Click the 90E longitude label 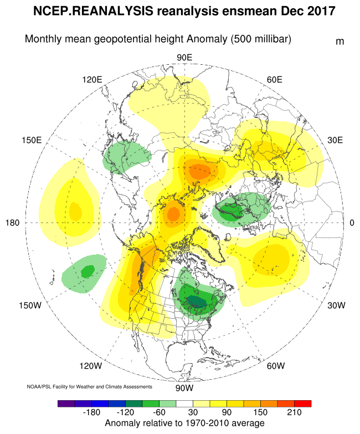coord(184,58)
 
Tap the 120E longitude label coord(92,79)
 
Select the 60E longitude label coord(275,79)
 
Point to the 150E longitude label coord(32,140)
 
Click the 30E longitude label coord(336,140)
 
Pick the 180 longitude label coord(13,223)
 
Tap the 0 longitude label coord(352,223)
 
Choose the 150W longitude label coord(30,306)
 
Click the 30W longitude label coord(336,306)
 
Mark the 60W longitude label coord(275,366)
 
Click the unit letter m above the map coord(340,42)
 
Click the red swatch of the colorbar coord(303,404)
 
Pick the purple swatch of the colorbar coord(66,404)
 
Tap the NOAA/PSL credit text coord(89,386)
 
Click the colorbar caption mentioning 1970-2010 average coord(184,423)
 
